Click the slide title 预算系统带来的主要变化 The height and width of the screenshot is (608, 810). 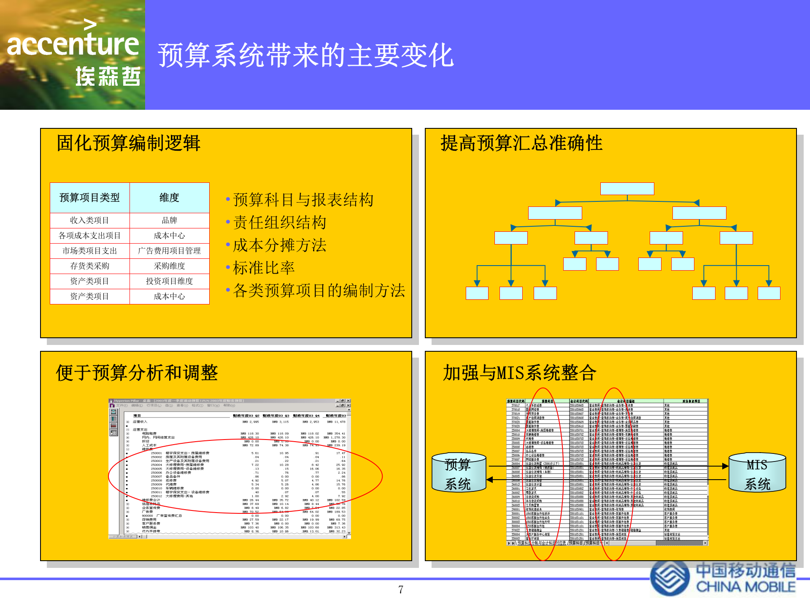(x=305, y=56)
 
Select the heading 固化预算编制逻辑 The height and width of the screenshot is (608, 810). (x=128, y=143)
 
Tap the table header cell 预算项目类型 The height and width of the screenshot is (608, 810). (x=89, y=198)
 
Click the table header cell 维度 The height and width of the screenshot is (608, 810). (x=169, y=198)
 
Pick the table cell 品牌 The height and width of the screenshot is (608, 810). (x=169, y=220)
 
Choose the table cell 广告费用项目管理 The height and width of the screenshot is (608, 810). (x=169, y=251)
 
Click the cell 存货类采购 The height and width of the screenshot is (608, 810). (x=89, y=266)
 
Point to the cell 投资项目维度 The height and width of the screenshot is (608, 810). (x=169, y=281)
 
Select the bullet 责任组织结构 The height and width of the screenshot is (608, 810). (x=280, y=223)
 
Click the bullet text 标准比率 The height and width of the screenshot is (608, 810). (x=264, y=268)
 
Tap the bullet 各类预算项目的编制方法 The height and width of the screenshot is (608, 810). (x=319, y=290)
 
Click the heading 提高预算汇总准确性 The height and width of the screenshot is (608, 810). (x=521, y=143)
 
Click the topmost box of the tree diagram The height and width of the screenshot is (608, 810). (x=627, y=189)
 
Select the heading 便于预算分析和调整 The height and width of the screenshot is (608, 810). (x=137, y=373)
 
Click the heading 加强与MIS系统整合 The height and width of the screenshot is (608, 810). (x=519, y=373)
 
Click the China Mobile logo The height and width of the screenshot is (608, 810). (x=723, y=578)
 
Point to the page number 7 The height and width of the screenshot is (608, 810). (x=401, y=589)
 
